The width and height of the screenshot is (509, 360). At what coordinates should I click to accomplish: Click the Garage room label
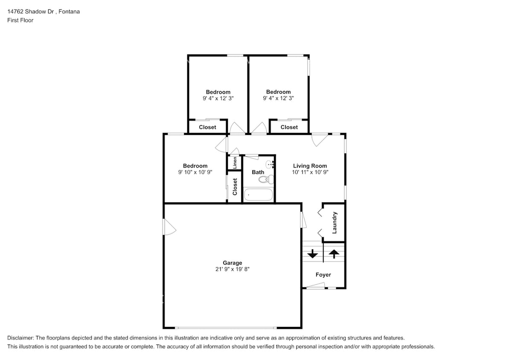click(x=232, y=263)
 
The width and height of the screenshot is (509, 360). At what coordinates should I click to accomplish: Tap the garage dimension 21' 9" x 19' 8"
click(x=232, y=269)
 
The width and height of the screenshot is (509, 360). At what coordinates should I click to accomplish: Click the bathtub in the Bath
click(x=258, y=195)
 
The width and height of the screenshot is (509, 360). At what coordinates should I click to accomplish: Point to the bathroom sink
click(x=270, y=164)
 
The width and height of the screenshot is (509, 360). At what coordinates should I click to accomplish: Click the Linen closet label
click(x=234, y=163)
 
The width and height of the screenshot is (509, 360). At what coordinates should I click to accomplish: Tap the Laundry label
click(x=334, y=222)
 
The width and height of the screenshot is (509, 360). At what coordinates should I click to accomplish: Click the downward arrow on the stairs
click(x=313, y=254)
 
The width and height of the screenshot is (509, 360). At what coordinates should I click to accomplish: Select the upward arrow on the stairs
click(x=334, y=254)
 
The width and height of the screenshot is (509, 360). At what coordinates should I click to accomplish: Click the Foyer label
click(x=323, y=275)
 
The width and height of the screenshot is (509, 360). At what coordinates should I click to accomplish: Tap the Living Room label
click(x=310, y=166)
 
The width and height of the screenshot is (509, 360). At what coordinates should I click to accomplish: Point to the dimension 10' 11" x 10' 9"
click(x=310, y=172)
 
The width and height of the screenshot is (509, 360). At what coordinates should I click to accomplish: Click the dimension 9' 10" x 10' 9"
click(x=195, y=172)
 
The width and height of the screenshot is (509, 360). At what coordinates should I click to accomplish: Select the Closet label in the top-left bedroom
click(x=207, y=127)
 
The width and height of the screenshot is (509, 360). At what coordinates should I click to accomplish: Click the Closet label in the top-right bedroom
click(x=289, y=127)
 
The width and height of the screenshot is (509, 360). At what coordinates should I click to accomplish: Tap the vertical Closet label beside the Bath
click(x=235, y=187)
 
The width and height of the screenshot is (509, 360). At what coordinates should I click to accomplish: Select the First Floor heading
click(x=20, y=20)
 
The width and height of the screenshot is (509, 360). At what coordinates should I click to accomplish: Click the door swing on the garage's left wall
click(x=169, y=227)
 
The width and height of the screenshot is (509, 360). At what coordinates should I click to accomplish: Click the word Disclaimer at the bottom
click(x=22, y=337)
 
